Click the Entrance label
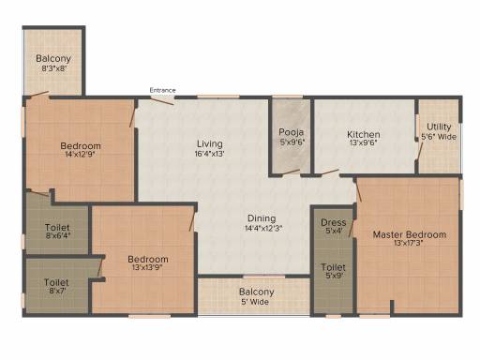click(162, 90)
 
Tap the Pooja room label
click(292, 132)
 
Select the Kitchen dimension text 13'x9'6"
click(363, 143)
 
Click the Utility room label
click(439, 127)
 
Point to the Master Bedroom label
click(410, 234)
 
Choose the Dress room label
click(334, 222)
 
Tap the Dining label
click(262, 218)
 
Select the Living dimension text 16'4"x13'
click(209, 154)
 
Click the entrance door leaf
click(162, 101)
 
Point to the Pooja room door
click(291, 172)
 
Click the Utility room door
click(421, 154)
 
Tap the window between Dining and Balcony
click(264, 277)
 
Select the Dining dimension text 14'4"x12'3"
click(263, 228)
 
